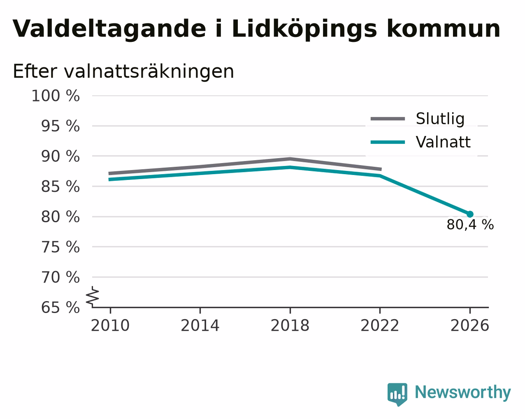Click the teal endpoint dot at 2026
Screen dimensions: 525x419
470,214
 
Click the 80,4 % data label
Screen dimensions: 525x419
470,224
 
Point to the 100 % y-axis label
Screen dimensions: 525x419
56,96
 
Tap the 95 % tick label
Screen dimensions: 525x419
60,126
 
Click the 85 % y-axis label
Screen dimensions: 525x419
60,186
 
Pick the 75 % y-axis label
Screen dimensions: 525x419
60,247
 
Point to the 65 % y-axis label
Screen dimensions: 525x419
60,307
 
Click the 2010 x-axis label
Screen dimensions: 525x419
110,326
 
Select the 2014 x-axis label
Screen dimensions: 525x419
200,326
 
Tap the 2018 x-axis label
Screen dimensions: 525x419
290,326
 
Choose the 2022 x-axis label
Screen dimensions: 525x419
380,326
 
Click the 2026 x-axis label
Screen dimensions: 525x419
470,326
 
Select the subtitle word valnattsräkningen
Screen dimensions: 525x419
149,72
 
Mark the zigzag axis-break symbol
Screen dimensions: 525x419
93,297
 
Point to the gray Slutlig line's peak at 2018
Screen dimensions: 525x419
290,159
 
